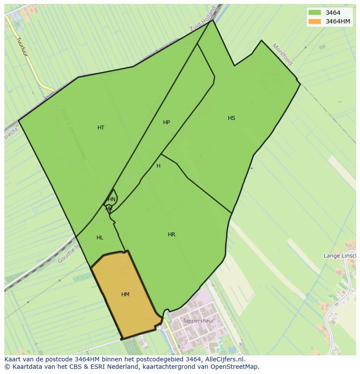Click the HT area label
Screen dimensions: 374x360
[x=101, y=128]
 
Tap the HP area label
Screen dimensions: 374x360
[x=167, y=122]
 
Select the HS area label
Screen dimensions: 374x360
[x=231, y=118]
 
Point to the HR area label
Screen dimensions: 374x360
[x=171, y=235]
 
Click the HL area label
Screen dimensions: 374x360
[x=100, y=238]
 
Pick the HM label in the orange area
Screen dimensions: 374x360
[x=125, y=295]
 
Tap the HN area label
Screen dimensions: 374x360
[x=112, y=199]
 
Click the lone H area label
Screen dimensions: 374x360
[x=158, y=166]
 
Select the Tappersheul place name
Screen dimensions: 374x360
[x=198, y=321]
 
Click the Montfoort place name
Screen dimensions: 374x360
[x=283, y=54]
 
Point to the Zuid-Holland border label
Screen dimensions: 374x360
[x=203, y=20]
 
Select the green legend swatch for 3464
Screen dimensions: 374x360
[x=314, y=13]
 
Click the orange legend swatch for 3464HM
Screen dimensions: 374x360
[x=314, y=21]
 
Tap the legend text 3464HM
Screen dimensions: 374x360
[x=338, y=21]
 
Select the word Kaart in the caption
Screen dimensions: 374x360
[x=13, y=359]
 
